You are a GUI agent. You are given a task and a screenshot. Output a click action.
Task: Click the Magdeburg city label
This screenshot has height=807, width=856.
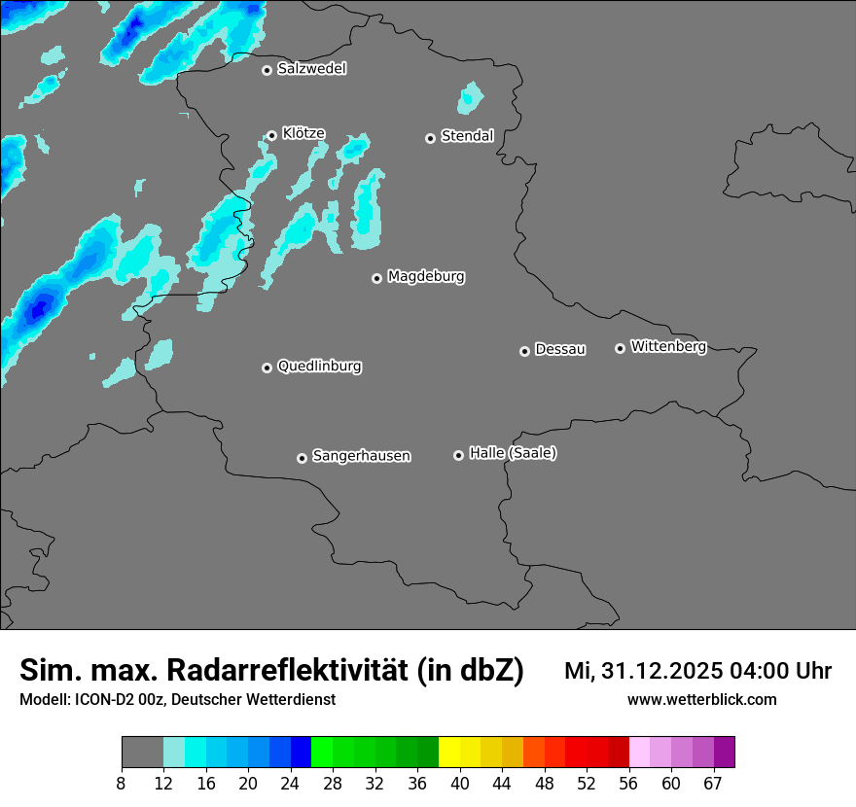point(426,277)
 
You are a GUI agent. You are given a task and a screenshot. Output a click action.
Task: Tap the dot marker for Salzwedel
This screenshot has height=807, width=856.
point(267,70)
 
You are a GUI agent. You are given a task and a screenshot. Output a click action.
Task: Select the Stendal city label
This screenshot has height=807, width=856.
point(467,136)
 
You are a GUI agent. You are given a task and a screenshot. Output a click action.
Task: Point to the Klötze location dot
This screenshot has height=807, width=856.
point(271,136)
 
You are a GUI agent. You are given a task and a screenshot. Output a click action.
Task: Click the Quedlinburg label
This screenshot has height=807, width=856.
point(319,367)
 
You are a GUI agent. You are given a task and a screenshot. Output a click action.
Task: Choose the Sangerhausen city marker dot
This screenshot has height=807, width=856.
point(302,458)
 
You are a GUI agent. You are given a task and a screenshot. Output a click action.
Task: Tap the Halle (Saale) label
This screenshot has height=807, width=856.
point(513,453)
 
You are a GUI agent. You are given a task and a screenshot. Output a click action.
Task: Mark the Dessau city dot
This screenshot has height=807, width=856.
point(524,351)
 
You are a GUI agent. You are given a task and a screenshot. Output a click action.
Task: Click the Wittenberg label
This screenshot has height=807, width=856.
point(668,346)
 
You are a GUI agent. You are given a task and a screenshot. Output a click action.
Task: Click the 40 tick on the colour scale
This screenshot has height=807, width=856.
point(459,784)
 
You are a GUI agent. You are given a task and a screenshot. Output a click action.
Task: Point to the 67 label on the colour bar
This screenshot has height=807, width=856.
point(713,784)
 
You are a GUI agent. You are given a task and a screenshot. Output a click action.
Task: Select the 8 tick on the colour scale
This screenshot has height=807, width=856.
point(122,784)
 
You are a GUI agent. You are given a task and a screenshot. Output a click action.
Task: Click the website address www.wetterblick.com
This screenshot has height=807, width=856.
point(701,699)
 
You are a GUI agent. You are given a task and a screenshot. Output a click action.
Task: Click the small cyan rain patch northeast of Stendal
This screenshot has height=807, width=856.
point(471,97)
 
